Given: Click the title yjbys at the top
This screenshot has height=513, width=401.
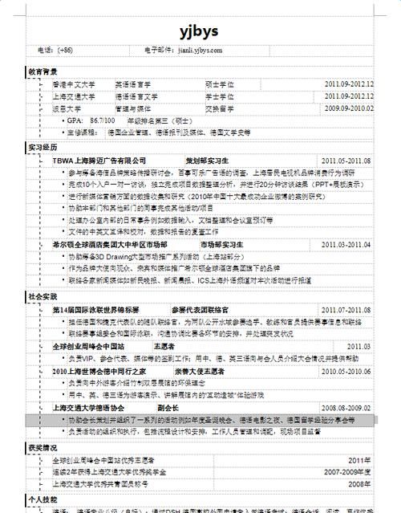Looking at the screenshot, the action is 200,30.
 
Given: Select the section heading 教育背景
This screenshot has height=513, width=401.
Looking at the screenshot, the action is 43,71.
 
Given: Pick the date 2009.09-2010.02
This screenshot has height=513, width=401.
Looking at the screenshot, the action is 349,108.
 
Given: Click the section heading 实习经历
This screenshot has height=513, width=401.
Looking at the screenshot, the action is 43,148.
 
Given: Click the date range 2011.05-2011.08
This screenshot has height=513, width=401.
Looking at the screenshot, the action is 346,161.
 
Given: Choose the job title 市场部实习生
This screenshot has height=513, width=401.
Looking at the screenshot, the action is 222,244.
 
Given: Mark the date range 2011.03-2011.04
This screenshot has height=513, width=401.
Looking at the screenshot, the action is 346,244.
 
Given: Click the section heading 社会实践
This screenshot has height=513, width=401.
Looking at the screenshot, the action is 43,296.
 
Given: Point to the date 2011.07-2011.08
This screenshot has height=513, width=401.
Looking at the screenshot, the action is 346,309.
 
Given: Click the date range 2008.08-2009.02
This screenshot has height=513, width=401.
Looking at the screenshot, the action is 346,408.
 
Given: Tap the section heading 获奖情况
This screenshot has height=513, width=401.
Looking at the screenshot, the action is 43,447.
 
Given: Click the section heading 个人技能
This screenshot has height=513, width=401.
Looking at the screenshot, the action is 43,499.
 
